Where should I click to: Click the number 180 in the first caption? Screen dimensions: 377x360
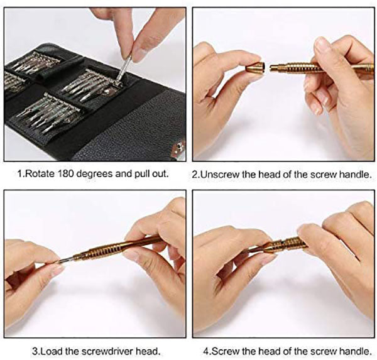[x=65, y=173]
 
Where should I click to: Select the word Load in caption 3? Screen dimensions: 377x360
[x=52, y=351]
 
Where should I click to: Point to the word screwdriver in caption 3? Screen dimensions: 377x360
[x=108, y=351]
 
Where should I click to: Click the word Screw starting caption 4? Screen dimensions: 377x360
[x=226, y=351]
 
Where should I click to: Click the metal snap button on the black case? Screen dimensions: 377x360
[x=179, y=146]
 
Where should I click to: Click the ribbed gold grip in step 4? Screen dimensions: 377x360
[x=288, y=244]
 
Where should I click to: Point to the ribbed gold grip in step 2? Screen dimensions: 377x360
[x=300, y=68]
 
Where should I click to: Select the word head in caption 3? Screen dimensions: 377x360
[x=148, y=351]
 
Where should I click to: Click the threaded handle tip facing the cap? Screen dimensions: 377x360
[x=274, y=68]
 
